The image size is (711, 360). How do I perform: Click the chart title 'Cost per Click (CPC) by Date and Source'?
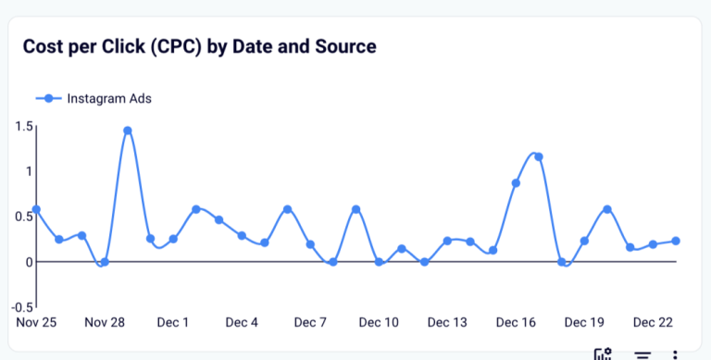click(x=199, y=46)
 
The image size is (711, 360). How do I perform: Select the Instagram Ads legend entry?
click(x=93, y=98)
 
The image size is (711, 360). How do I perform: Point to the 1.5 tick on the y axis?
click(x=24, y=126)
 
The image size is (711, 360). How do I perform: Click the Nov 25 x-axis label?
click(x=36, y=323)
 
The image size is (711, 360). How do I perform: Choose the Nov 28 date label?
click(x=104, y=323)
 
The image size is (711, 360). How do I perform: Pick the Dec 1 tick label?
click(x=173, y=323)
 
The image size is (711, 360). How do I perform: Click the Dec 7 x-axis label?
click(x=310, y=323)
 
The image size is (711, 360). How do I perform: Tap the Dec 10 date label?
click(x=379, y=323)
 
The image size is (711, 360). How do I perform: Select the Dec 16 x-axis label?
click(x=516, y=323)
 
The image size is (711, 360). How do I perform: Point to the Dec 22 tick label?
click(x=653, y=323)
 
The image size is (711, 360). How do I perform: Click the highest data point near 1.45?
click(x=128, y=130)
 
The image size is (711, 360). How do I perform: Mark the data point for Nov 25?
click(x=36, y=210)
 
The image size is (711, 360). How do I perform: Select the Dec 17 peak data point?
click(x=539, y=157)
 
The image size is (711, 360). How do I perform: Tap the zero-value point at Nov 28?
click(x=105, y=262)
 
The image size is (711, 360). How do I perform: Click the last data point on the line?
click(x=676, y=241)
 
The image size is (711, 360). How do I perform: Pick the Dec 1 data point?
click(x=173, y=240)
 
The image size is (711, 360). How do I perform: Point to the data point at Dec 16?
click(x=516, y=183)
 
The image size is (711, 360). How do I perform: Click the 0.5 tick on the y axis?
click(x=24, y=217)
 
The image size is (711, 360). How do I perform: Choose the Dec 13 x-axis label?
click(x=447, y=323)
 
